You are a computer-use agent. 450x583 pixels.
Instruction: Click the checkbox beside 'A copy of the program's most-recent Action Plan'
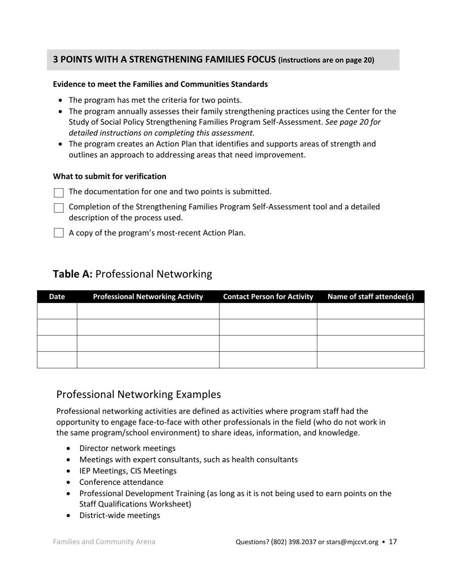[59, 233]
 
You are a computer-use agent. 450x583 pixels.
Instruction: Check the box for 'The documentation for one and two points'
[59, 192]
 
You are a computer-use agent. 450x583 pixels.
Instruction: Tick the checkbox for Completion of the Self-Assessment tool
[59, 208]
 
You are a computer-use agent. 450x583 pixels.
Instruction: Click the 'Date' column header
[57, 297]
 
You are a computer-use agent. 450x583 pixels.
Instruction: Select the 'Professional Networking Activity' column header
[148, 297]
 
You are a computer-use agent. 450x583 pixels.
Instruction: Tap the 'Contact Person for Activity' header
[268, 297]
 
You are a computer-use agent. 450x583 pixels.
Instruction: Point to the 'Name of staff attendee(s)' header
[370, 297]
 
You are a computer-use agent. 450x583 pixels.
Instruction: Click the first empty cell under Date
[57, 311]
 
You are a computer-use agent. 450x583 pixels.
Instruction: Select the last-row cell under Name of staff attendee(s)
[370, 360]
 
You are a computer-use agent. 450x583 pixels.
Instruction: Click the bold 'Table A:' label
[72, 274]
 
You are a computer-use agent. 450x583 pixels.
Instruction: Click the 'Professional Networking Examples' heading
[138, 394]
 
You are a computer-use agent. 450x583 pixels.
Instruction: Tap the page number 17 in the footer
[393, 541]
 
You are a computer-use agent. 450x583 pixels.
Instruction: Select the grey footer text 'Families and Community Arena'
[104, 541]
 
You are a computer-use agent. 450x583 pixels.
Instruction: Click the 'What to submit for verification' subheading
[109, 176]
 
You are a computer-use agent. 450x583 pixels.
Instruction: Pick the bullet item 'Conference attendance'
[121, 482]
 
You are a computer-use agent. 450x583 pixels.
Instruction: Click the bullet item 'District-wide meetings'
[119, 515]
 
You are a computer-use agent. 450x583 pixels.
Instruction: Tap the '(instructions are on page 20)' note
[326, 60]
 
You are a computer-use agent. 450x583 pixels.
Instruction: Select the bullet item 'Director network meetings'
[127, 448]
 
